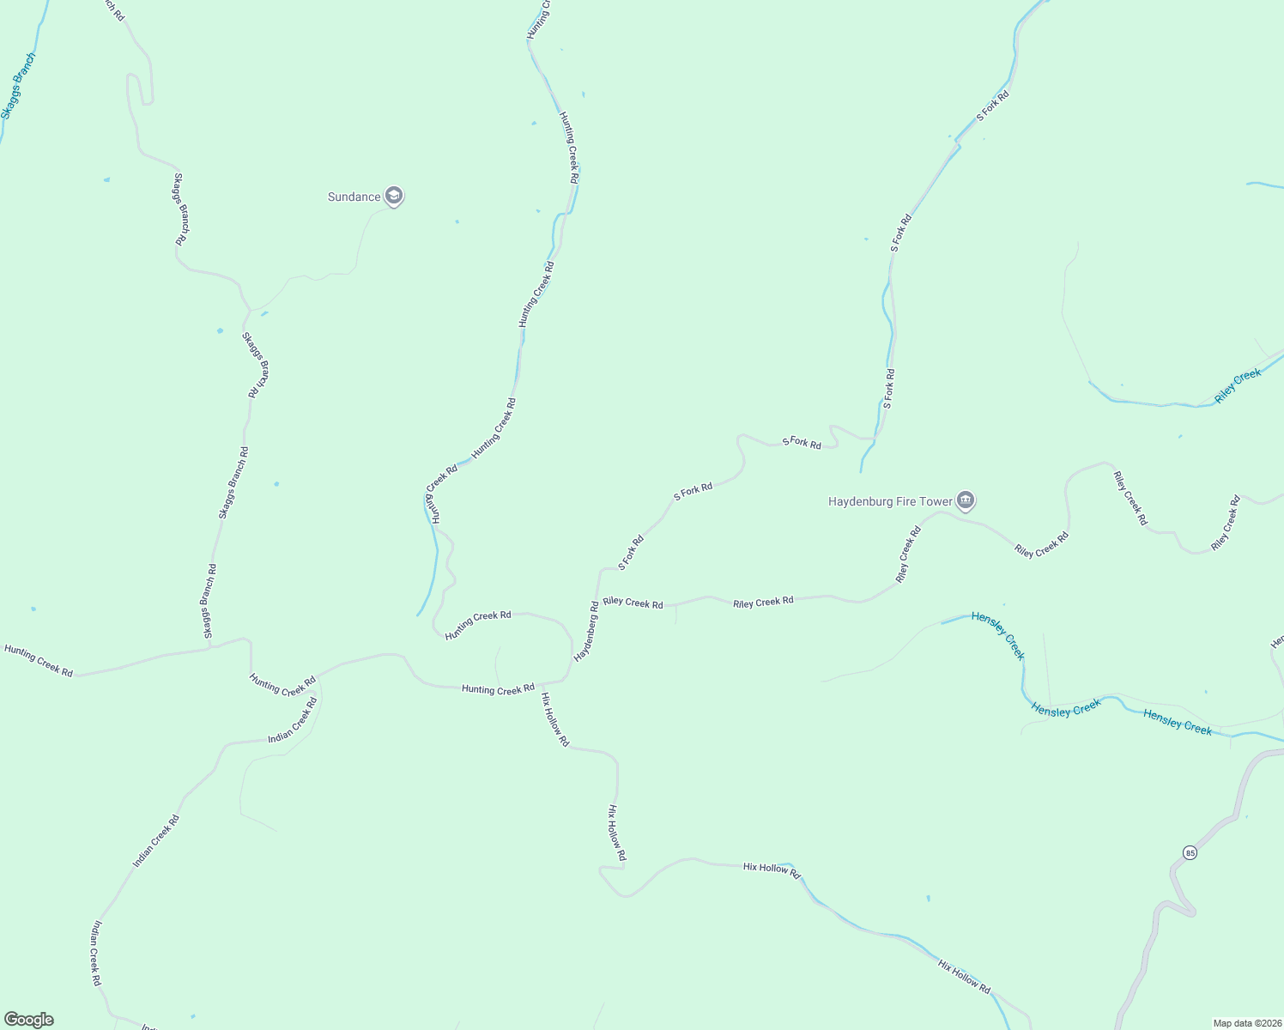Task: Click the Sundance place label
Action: click(x=354, y=197)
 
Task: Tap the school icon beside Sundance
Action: click(x=394, y=197)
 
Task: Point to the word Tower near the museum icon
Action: click(x=936, y=502)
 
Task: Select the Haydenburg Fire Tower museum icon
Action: click(x=966, y=500)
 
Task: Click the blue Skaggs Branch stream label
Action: click(x=18, y=86)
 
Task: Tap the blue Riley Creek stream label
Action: click(x=1238, y=386)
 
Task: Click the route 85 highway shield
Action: click(x=1189, y=852)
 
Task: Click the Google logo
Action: click(x=28, y=1020)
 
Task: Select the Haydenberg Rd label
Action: click(x=586, y=631)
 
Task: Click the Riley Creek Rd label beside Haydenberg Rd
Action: click(x=633, y=603)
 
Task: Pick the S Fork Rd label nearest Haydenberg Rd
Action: click(x=631, y=554)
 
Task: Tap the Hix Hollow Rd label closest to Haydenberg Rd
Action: click(x=554, y=720)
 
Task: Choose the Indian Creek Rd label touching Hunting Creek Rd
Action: click(x=293, y=720)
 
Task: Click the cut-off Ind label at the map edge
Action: click(x=148, y=1027)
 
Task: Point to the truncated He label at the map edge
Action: click(x=1277, y=641)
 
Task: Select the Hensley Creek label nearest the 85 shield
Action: click(x=1178, y=725)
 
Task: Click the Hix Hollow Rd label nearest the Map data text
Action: click(x=964, y=977)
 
